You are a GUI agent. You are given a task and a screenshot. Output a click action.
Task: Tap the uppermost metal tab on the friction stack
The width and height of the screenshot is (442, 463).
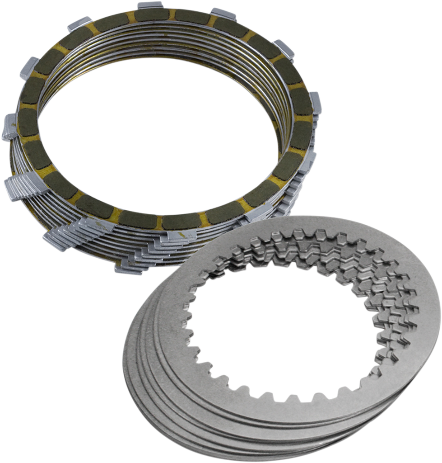[150, 6]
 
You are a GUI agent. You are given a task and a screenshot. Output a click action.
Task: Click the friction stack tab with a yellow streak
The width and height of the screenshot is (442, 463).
[181, 235]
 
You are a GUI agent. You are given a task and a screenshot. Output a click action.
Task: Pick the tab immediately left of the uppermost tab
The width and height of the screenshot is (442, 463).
[79, 23]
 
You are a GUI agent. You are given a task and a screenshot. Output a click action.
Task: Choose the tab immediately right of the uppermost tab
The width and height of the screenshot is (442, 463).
[223, 14]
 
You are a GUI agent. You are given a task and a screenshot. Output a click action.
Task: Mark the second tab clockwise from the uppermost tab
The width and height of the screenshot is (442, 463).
[284, 47]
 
